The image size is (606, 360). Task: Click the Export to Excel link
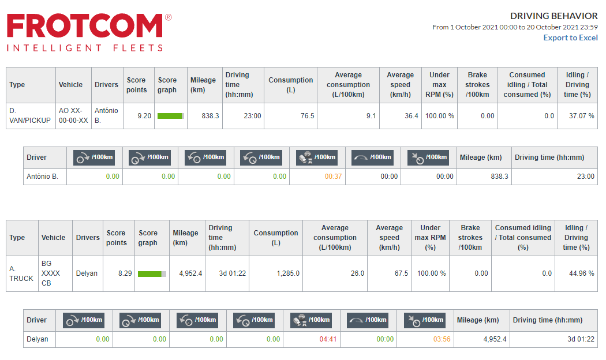(x=570, y=37)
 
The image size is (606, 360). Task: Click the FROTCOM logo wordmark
(x=85, y=26)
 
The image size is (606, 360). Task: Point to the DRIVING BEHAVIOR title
(x=554, y=16)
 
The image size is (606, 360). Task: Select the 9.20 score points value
(x=144, y=115)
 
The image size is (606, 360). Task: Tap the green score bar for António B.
(x=170, y=116)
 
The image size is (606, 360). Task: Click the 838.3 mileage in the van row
(x=210, y=115)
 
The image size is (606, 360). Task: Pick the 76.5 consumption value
(x=307, y=115)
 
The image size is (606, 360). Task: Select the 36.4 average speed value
(x=411, y=115)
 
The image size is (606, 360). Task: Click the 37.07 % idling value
(x=581, y=115)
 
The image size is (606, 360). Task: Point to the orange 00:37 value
(x=333, y=176)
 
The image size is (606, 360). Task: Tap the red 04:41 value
(x=328, y=339)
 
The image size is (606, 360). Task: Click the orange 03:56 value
(x=442, y=339)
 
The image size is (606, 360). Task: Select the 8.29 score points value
(x=125, y=273)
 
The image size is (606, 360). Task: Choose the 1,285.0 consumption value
(x=288, y=273)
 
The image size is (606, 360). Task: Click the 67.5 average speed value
(x=401, y=273)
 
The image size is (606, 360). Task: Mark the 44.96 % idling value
(x=581, y=273)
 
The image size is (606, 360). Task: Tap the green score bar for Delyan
(x=149, y=274)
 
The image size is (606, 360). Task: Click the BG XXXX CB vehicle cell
(x=51, y=273)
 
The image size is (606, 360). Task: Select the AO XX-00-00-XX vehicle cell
(x=73, y=115)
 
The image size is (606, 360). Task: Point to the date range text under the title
(x=515, y=27)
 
